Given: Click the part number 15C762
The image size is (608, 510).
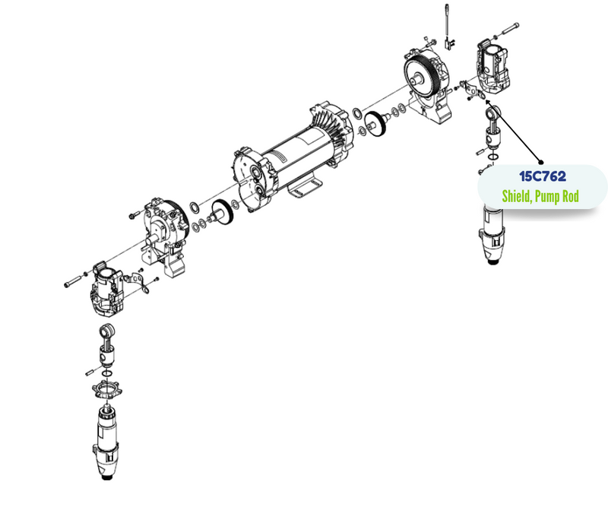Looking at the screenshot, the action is [543, 176].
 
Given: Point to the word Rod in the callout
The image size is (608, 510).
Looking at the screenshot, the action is [571, 196].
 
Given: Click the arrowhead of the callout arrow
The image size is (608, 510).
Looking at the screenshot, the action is [488, 103].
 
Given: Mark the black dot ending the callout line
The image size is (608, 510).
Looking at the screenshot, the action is [541, 163].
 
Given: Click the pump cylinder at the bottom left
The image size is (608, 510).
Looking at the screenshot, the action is [105, 442].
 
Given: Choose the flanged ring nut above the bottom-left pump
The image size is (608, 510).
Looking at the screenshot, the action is [106, 390].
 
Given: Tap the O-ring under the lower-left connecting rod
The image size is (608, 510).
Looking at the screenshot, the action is [107, 374].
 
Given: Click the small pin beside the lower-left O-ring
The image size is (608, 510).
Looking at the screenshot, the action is [90, 372].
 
